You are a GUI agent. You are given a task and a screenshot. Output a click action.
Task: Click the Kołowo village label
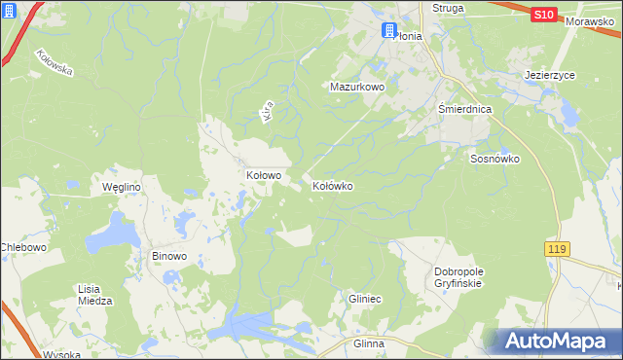point(263,176)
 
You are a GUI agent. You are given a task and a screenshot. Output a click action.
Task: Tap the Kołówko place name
point(332,185)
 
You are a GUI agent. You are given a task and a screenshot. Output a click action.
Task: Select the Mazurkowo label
point(357,87)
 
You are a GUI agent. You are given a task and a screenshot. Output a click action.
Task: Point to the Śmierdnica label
point(464,110)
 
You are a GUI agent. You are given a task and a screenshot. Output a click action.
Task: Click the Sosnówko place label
point(495,159)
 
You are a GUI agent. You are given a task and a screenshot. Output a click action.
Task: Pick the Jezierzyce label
point(549,73)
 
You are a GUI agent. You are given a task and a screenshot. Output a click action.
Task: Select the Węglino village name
point(123,187)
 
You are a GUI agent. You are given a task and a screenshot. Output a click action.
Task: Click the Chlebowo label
point(24,247)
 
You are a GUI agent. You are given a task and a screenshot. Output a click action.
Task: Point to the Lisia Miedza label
point(94,295)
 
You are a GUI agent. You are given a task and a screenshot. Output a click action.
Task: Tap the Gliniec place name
point(368,301)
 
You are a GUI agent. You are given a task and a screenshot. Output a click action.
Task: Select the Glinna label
point(369,344)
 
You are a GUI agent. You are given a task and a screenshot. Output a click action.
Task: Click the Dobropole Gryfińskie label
point(458,277)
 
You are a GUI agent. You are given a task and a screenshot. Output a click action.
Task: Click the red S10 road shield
point(544,15)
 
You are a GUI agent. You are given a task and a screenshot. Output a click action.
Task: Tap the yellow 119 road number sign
point(556,250)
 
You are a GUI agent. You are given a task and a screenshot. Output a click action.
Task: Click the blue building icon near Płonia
point(389,31)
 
